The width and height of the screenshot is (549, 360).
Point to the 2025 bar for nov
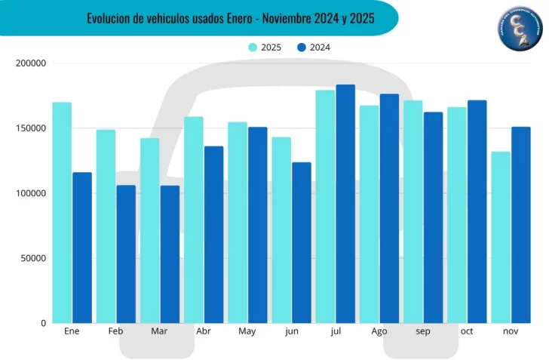(501, 237)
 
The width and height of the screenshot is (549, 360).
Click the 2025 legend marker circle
(253, 48)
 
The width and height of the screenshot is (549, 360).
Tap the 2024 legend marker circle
(301, 48)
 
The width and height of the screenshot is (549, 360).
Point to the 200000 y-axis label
(31, 63)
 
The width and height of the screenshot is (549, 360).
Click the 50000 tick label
(33, 258)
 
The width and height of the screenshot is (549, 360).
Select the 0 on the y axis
(43, 323)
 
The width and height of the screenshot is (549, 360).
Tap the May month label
(247, 332)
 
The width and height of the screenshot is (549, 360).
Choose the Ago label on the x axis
(379, 332)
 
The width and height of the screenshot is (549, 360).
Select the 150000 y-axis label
(31, 128)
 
